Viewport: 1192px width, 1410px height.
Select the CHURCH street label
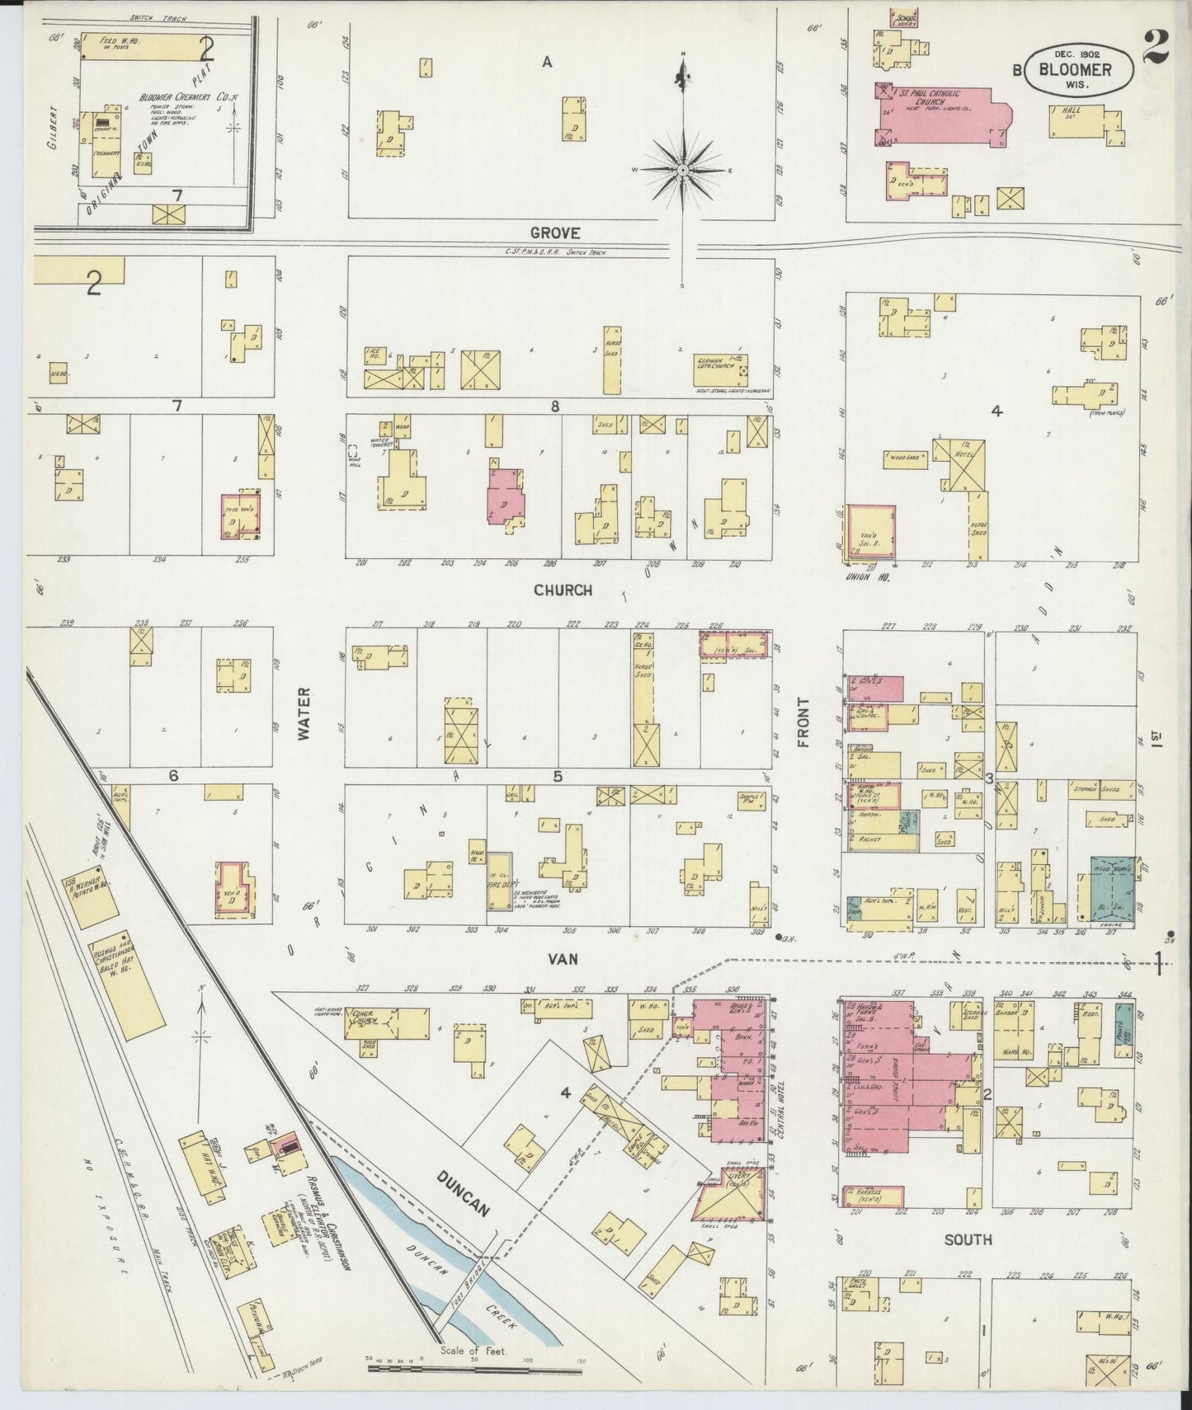click(562, 590)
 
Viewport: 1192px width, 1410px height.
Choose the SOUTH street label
click(968, 1240)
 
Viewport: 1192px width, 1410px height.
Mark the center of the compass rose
click(683, 170)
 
